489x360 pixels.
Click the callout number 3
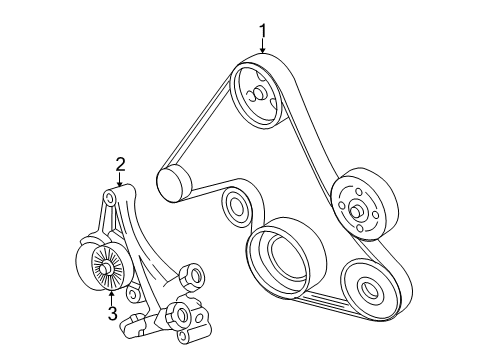pos(113,313)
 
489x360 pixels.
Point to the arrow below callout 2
pos(120,182)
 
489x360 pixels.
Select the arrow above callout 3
pos(112,294)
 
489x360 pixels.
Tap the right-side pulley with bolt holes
pos(356,209)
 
